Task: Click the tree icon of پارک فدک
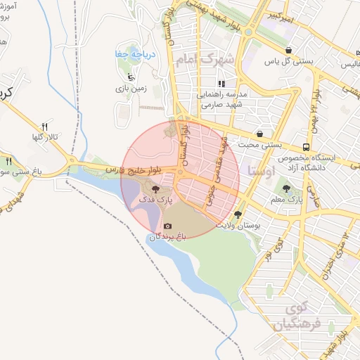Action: [x=155, y=189]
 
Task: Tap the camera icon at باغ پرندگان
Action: [x=167, y=226]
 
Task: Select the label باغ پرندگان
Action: [x=167, y=238]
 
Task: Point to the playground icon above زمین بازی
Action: [x=131, y=77]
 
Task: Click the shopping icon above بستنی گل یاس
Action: [x=290, y=51]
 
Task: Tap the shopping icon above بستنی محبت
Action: [x=260, y=133]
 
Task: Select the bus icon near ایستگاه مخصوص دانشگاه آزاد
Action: [x=307, y=147]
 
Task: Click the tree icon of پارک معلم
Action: [x=286, y=188]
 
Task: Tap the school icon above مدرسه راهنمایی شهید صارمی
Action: [x=221, y=83]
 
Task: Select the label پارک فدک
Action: [x=155, y=201]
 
